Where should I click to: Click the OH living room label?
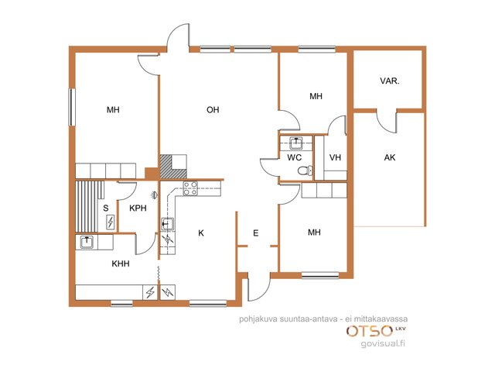click(213, 110)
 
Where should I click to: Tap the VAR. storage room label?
click(390, 81)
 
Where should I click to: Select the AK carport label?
click(390, 157)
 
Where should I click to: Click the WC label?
click(294, 157)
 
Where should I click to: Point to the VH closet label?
click(335, 157)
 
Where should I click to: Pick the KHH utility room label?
click(121, 263)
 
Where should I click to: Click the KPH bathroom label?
click(138, 208)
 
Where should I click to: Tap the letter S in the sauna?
click(106, 208)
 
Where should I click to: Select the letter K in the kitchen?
click(201, 233)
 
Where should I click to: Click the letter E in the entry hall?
click(256, 233)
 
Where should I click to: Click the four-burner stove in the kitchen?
click(191, 188)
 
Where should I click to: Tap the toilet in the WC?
click(305, 170)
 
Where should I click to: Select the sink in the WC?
click(295, 143)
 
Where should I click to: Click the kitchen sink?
click(168, 224)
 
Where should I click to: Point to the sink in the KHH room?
click(87, 242)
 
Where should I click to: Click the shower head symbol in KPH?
click(154, 195)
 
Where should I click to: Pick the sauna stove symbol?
click(110, 222)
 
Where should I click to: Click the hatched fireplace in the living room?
click(173, 167)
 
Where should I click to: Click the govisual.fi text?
click(383, 343)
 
